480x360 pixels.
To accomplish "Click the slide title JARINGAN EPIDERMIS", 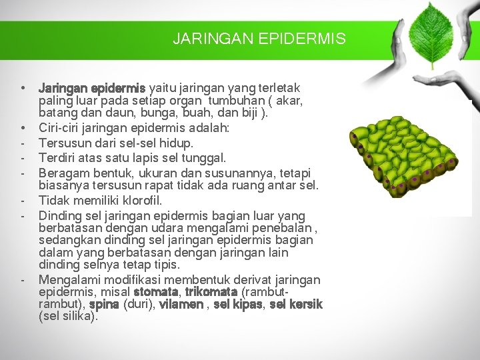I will click(259, 39).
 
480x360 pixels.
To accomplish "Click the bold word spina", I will click(103, 304).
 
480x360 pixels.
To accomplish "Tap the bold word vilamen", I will click(181, 304).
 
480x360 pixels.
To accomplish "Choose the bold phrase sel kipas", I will click(238, 304).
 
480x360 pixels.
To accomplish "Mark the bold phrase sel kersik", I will click(296, 304).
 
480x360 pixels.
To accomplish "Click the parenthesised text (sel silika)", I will click(68, 316).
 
